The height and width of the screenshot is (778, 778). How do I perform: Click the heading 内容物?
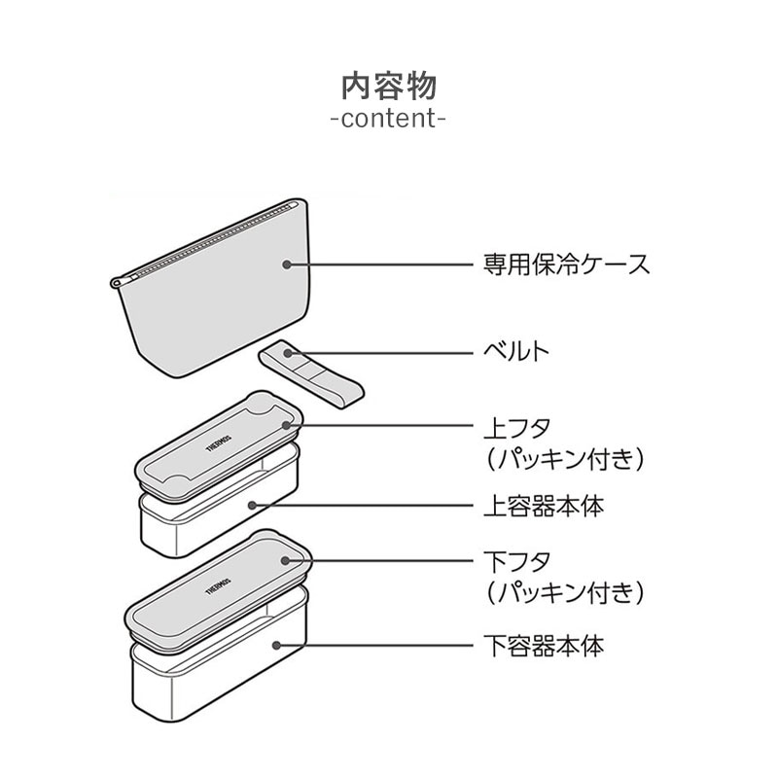pyautogui.click(x=388, y=86)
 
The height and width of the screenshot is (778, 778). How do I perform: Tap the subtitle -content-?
pyautogui.click(x=388, y=121)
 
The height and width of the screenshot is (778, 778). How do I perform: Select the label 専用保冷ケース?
pyautogui.click(x=567, y=264)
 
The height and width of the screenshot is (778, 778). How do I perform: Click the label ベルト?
pyautogui.click(x=516, y=351)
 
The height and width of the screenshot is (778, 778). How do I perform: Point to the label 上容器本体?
pyautogui.click(x=543, y=506)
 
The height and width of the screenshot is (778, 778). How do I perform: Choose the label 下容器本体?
pyautogui.click(x=543, y=645)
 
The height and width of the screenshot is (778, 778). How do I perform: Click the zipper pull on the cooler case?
pyautogui.click(x=117, y=282)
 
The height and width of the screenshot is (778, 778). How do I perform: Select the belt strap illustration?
pyautogui.click(x=311, y=374)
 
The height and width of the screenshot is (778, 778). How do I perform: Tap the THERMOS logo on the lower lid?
pyautogui.click(x=213, y=585)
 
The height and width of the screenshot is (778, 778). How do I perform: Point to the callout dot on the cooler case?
pyautogui.click(x=286, y=264)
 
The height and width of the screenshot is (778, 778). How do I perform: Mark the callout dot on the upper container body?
pyautogui.click(x=252, y=506)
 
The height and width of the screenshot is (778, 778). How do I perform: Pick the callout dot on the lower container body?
pyautogui.click(x=279, y=645)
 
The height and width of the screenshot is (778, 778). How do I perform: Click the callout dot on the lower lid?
pyautogui.click(x=285, y=561)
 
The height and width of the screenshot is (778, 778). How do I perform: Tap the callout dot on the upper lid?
pyautogui.click(x=285, y=426)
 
